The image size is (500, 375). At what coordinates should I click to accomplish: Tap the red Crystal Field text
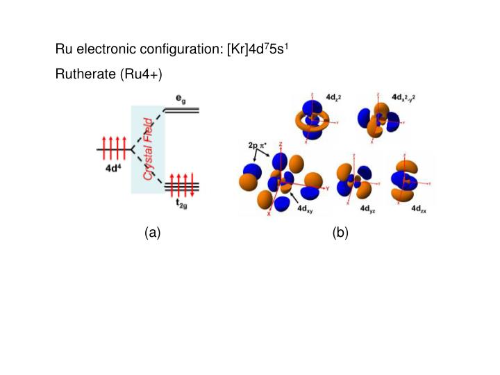click(148, 149)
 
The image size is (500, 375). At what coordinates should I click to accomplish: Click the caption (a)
click(153, 233)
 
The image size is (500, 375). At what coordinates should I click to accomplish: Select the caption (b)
click(340, 233)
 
